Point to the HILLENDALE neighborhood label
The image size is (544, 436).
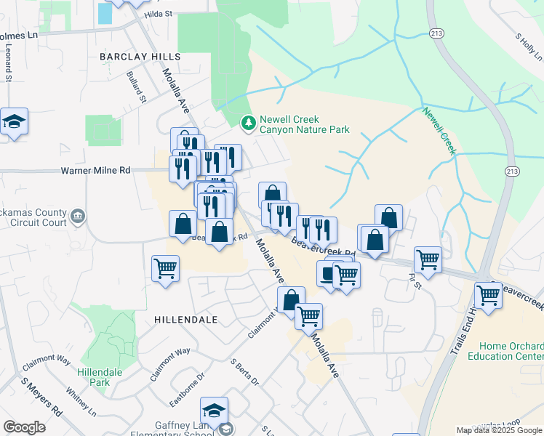click(x=182, y=319)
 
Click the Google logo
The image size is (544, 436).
click(x=25, y=427)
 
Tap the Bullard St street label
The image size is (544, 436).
click(x=136, y=86)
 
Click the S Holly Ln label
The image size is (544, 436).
click(x=529, y=47)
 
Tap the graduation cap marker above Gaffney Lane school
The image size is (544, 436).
click(x=215, y=411)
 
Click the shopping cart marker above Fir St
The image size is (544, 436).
click(x=428, y=260)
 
